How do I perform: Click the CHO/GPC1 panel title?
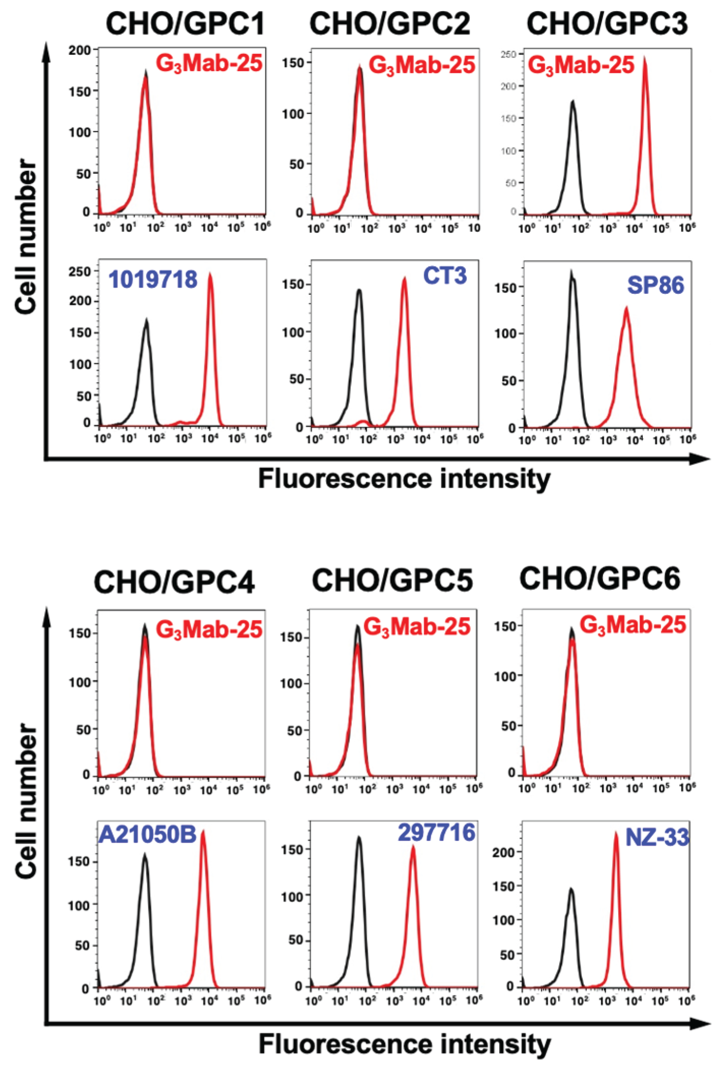[x=185, y=24]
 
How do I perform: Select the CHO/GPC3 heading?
[x=607, y=24]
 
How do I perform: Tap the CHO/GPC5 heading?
[x=392, y=580]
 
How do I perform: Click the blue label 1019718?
[x=153, y=280]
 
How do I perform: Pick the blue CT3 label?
[x=444, y=275]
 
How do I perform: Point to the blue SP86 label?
[x=655, y=285]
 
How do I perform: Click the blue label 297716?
[x=436, y=832]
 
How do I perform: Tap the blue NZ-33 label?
[x=657, y=837]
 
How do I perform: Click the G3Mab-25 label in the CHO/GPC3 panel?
[x=581, y=65]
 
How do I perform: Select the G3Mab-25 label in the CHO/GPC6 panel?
[x=633, y=625]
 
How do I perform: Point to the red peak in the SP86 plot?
[x=626, y=309]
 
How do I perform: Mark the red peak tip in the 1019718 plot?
[x=210, y=274]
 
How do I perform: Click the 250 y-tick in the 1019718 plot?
[x=80, y=271]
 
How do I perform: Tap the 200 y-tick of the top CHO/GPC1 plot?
[x=80, y=50]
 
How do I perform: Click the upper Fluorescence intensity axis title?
[x=404, y=479]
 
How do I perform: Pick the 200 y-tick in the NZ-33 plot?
[x=504, y=852]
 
